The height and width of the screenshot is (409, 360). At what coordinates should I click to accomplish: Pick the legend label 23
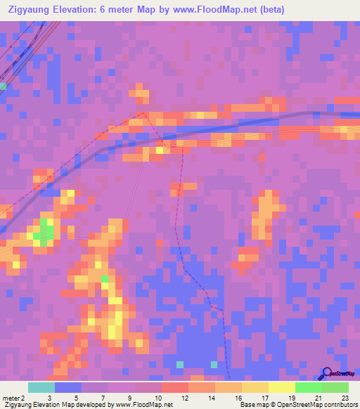tap(345, 397)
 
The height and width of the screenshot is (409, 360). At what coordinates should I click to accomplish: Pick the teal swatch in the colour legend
tap(41, 387)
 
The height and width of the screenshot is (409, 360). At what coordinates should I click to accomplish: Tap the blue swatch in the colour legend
tap(67, 387)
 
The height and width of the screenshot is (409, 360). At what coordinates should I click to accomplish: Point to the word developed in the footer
tap(89, 405)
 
